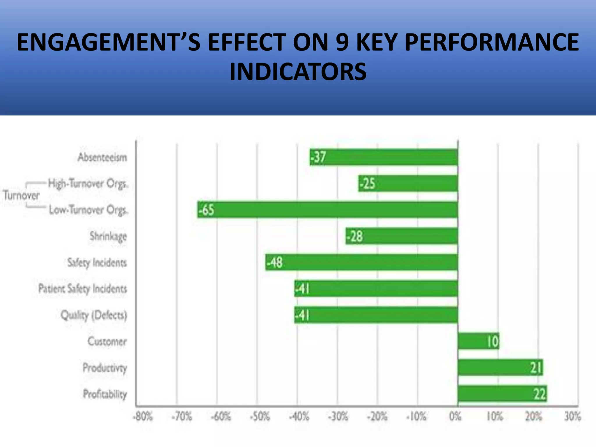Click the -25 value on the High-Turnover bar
click(x=367, y=184)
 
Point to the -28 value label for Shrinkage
click(x=355, y=236)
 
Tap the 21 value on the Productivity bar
click(x=536, y=368)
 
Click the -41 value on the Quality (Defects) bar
click(x=302, y=315)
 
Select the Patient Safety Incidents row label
click(x=83, y=289)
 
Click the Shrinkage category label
click(x=108, y=236)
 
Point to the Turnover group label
click(x=21, y=195)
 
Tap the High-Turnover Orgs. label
click(x=88, y=184)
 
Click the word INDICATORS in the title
click(x=298, y=72)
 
